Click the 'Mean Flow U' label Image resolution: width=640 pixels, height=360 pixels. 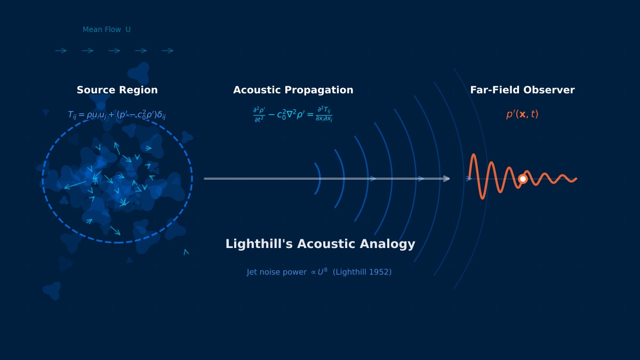click(x=107, y=30)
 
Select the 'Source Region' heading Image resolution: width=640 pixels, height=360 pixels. click(x=117, y=90)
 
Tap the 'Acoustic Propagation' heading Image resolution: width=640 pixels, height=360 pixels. click(x=293, y=90)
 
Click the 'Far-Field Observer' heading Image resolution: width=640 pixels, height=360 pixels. click(x=522, y=90)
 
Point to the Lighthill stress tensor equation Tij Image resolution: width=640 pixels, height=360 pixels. click(x=116, y=115)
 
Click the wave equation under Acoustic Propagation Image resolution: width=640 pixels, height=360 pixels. click(x=292, y=114)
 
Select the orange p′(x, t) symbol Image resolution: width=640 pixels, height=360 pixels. click(x=522, y=114)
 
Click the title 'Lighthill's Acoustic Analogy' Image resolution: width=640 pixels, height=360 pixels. click(x=320, y=244)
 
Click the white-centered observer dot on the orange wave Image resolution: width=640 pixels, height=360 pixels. click(x=523, y=179)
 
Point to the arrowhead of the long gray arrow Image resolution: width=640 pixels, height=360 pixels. click(x=447, y=179)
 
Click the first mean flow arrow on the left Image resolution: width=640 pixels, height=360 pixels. click(x=61, y=51)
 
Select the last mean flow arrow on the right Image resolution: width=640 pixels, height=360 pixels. click(x=168, y=51)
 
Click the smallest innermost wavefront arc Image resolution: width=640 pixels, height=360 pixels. click(x=318, y=179)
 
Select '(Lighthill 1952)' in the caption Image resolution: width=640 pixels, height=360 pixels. click(x=362, y=272)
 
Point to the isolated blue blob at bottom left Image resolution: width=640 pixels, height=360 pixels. click(x=52, y=290)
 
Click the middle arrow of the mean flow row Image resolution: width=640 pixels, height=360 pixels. click(x=115, y=51)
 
